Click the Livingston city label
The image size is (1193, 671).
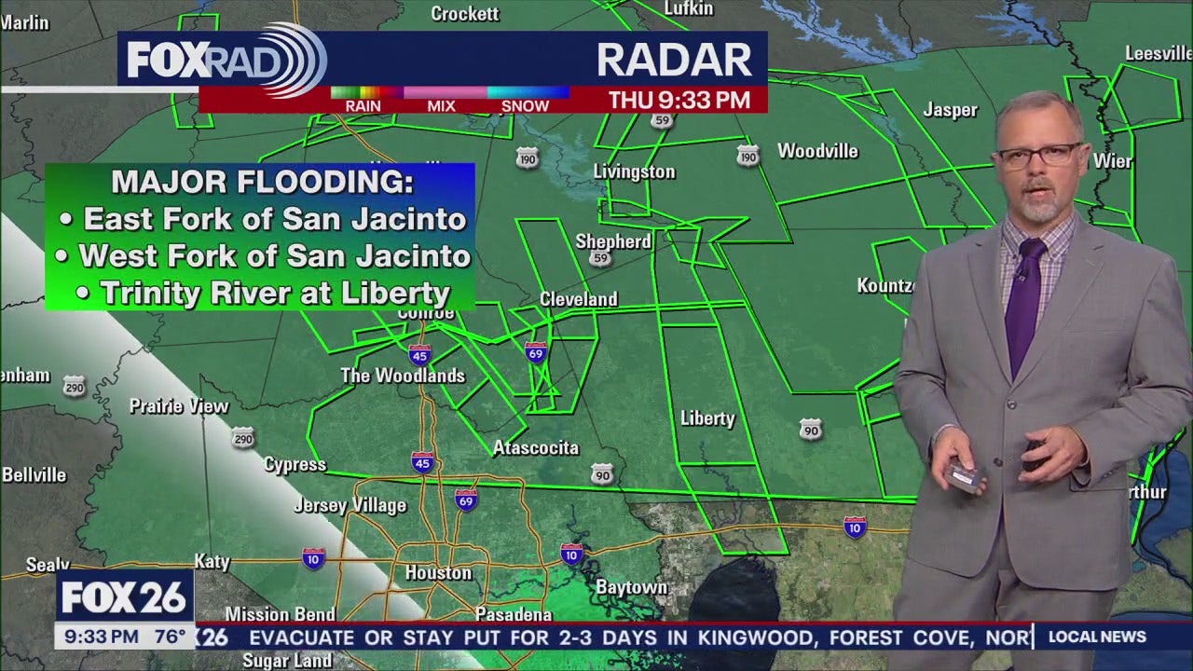[x=634, y=171]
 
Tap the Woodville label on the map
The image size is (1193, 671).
[x=817, y=151]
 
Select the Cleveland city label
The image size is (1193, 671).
[x=579, y=299]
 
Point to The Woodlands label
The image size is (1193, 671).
[x=403, y=376]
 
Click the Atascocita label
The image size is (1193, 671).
[x=536, y=448]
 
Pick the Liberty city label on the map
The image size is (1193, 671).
[x=707, y=418]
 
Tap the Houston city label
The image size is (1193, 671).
[x=438, y=573]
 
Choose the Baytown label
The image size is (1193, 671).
[x=632, y=587]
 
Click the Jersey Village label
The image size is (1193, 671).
[x=350, y=506]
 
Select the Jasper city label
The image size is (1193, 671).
[x=950, y=110]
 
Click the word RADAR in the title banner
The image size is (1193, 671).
[x=674, y=60]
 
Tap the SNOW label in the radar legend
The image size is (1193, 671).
[x=525, y=106]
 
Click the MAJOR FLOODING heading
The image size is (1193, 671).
[x=262, y=182]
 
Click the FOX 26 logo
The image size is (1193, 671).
[x=125, y=596]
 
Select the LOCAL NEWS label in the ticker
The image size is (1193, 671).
[x=1097, y=637]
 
